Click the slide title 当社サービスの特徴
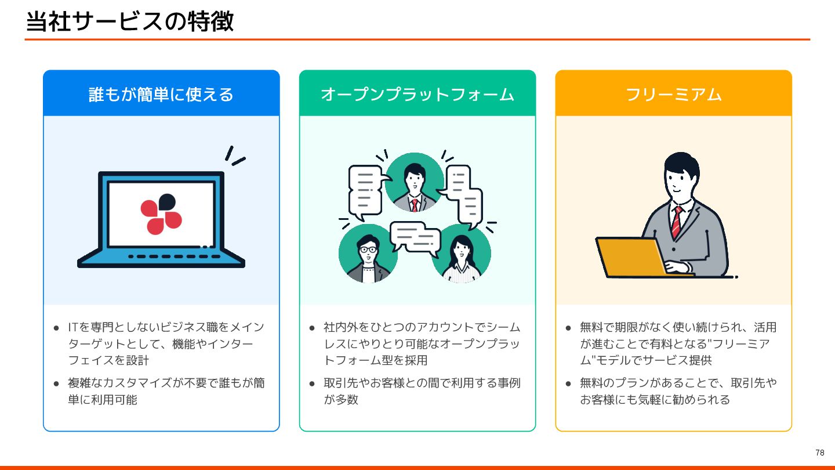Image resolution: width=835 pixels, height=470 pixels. tap(130, 21)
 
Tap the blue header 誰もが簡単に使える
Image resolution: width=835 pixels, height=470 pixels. tap(161, 94)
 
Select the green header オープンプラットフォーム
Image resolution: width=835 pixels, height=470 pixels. tap(418, 94)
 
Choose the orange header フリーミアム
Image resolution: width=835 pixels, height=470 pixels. tap(673, 94)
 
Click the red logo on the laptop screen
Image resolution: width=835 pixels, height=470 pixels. tap(161, 214)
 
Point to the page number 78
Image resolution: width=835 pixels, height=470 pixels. tap(819, 453)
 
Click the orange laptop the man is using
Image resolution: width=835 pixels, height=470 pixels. tap(631, 256)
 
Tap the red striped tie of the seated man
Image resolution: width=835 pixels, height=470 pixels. tap(676, 221)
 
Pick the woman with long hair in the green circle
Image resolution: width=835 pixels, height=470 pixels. tap(462, 255)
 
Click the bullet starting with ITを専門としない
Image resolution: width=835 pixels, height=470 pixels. tap(166, 344)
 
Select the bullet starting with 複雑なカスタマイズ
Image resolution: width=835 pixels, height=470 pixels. tap(166, 391)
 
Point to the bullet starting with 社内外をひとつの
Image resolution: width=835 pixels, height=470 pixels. tap(422, 344)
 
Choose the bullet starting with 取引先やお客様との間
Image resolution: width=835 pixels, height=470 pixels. tap(422, 391)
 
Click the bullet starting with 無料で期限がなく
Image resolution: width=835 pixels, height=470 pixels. tap(678, 344)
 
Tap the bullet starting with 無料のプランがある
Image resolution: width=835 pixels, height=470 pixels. tap(678, 391)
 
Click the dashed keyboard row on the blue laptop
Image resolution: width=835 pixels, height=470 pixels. tap(174, 256)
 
